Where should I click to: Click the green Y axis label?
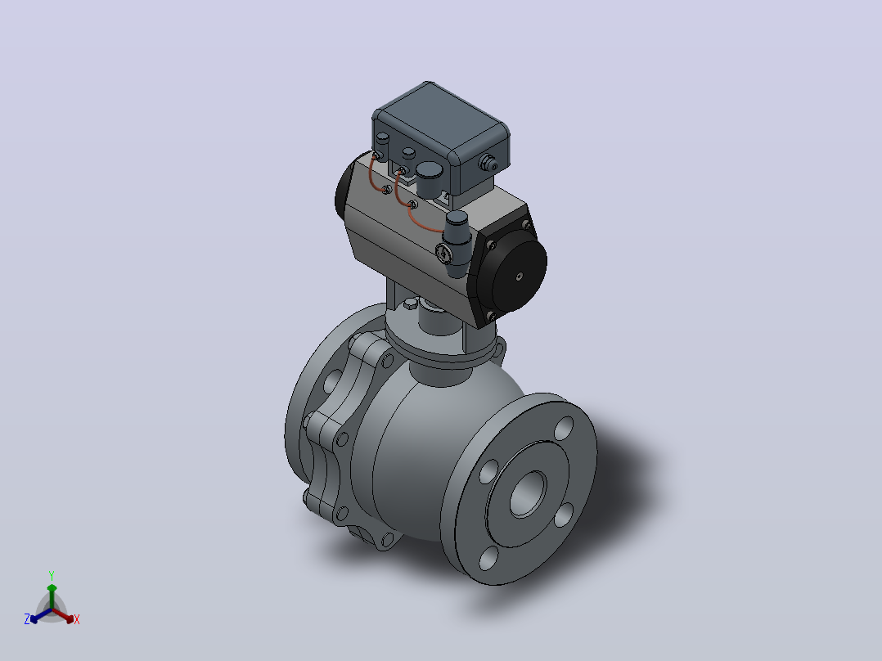coord(52,575)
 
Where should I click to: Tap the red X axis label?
coord(77,619)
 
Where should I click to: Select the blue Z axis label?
coord(27,618)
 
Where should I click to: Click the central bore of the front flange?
coord(528,493)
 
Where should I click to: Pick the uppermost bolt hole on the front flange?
coord(564,428)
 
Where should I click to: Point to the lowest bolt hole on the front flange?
coord(488,557)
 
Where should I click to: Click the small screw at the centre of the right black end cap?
coord(520,276)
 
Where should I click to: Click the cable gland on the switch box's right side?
coord(488,163)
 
